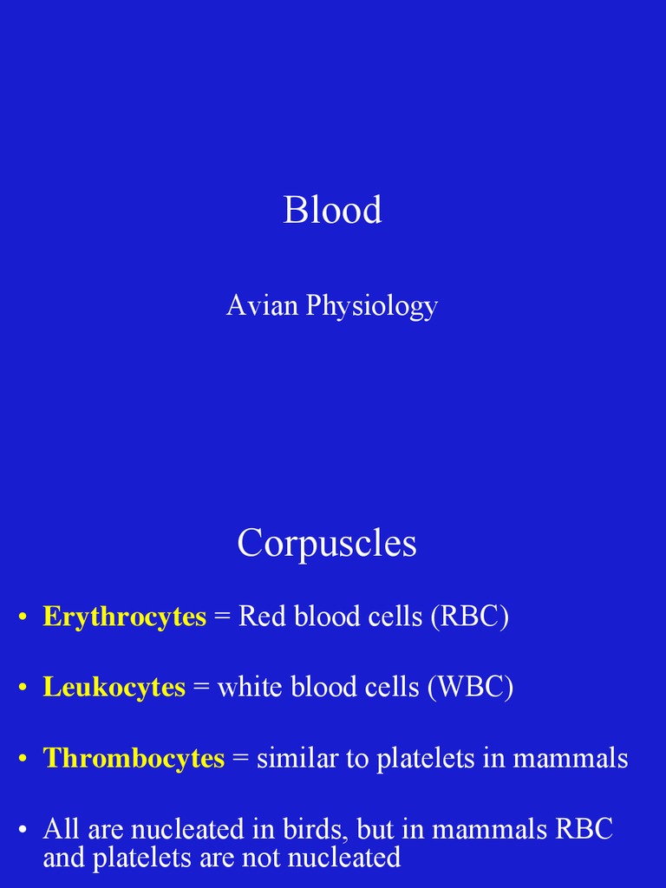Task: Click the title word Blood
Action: [332, 211]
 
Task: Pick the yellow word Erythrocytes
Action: [125, 617]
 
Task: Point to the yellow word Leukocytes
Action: [114, 688]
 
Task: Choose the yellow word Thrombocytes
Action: [134, 759]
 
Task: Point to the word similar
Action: [298, 759]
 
